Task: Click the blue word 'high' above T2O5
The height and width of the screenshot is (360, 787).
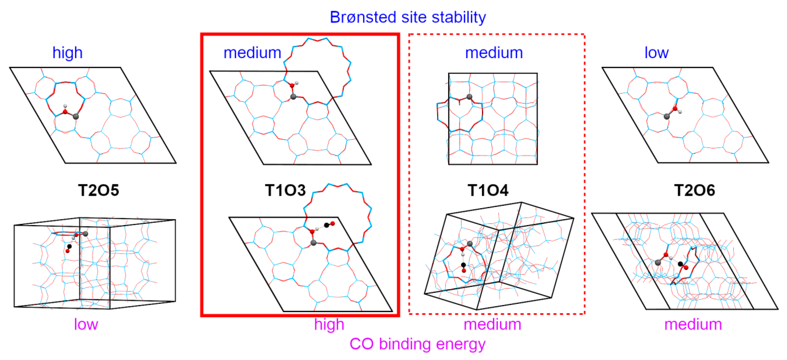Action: (67, 53)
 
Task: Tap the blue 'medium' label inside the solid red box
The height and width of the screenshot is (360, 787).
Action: (252, 53)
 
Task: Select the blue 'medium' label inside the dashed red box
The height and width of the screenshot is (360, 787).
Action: (494, 53)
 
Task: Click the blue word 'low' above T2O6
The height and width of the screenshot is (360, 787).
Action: (656, 53)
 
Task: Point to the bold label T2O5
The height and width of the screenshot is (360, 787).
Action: (98, 190)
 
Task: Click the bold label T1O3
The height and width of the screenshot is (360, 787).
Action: (285, 190)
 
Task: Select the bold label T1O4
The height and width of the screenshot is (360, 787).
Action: (488, 190)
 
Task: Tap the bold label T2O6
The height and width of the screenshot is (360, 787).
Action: (695, 190)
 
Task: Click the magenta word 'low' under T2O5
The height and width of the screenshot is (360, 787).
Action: (86, 324)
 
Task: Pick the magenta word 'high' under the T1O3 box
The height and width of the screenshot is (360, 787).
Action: (329, 324)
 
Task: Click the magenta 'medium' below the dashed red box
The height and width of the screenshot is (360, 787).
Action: (492, 324)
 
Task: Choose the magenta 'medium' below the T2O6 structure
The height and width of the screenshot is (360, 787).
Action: (693, 324)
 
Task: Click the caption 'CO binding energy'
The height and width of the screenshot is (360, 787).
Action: (417, 344)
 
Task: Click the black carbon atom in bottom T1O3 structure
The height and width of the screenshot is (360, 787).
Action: (326, 225)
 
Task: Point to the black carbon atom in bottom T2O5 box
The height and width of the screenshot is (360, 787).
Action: (69, 246)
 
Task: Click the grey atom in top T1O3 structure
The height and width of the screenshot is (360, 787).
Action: (293, 97)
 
